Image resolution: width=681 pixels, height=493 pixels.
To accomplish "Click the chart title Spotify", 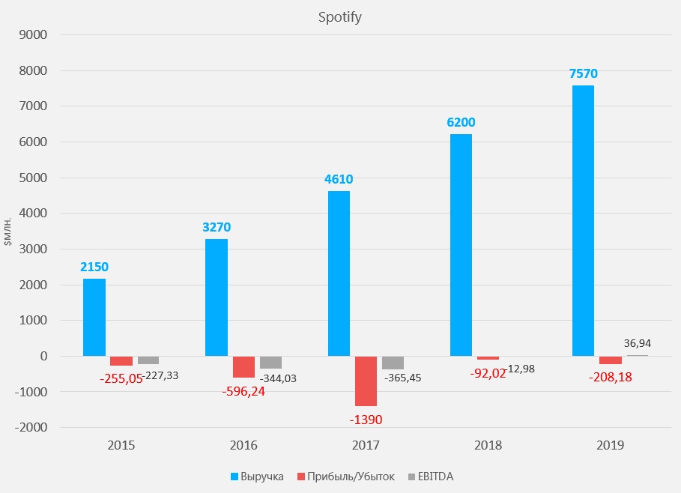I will pyautogui.click(x=340, y=16).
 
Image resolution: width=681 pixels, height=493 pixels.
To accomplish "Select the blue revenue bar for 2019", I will pyautogui.click(x=583, y=220).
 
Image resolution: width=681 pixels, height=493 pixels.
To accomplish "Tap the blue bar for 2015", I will pyautogui.click(x=94, y=317).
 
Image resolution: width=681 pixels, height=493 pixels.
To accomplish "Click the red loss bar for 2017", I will pyautogui.click(x=366, y=381).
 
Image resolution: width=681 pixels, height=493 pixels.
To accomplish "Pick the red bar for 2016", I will pyautogui.click(x=243, y=366).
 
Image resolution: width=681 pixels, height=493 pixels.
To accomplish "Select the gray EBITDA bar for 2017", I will pyautogui.click(x=393, y=363).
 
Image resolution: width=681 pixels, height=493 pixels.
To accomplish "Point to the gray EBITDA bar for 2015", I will pyautogui.click(x=148, y=360).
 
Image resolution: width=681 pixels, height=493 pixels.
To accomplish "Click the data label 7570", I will pyautogui.click(x=583, y=73).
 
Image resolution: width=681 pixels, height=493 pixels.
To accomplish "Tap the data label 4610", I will pyautogui.click(x=339, y=179).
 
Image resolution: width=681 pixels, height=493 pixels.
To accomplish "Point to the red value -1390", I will pyautogui.click(x=366, y=419).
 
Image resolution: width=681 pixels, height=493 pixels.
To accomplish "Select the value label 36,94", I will pyautogui.click(x=638, y=343).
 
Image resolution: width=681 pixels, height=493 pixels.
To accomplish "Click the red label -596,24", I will pyautogui.click(x=243, y=391).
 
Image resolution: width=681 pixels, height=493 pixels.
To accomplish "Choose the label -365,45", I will pyautogui.click(x=403, y=378).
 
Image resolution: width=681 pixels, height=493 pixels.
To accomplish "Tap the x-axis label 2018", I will pyautogui.click(x=488, y=445).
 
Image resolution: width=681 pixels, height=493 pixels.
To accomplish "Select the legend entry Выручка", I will pyautogui.click(x=255, y=477).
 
